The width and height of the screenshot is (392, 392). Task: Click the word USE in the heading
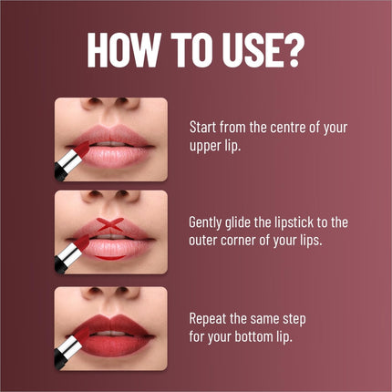click(x=242, y=53)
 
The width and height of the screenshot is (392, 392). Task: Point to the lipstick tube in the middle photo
click(x=69, y=253)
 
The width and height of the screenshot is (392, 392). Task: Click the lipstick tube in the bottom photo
click(x=69, y=347)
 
